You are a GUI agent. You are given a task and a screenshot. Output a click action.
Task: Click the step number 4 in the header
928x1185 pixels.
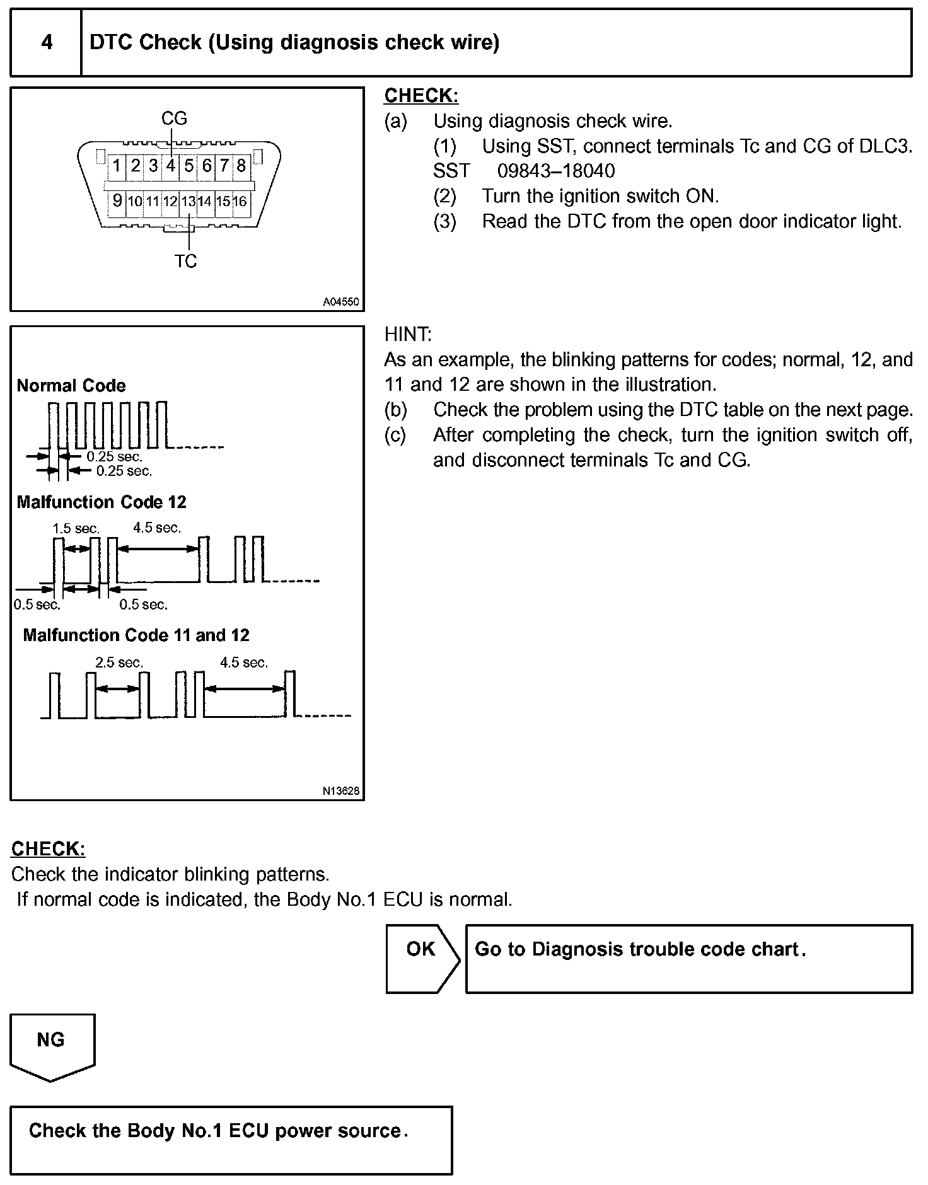pyautogui.click(x=47, y=43)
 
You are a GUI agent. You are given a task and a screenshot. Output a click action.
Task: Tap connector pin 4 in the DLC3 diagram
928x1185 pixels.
pyautogui.click(x=171, y=166)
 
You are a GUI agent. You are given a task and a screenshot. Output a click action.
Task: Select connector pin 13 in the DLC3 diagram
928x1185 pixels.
pyautogui.click(x=188, y=202)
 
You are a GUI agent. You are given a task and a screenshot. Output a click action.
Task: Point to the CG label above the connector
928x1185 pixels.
pyautogui.click(x=174, y=118)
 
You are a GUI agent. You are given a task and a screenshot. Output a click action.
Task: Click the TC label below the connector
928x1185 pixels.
pyautogui.click(x=186, y=261)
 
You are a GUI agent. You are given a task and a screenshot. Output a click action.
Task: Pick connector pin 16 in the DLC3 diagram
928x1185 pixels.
pyautogui.click(x=240, y=202)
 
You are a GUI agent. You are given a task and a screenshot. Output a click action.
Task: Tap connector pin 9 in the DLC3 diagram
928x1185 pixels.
pyautogui.click(x=117, y=201)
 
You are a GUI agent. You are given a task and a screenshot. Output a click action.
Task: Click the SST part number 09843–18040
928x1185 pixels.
pyautogui.click(x=556, y=171)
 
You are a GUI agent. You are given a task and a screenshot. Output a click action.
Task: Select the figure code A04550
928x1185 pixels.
pyautogui.click(x=340, y=302)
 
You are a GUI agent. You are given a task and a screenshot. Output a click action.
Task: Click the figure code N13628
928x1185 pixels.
pyautogui.click(x=340, y=791)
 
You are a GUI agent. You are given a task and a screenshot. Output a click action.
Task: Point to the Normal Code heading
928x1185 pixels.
pyautogui.click(x=71, y=386)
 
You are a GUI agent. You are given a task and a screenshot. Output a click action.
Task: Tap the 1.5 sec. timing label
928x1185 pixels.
pyautogui.click(x=76, y=528)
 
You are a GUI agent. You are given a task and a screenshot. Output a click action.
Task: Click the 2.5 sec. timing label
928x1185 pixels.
pyautogui.click(x=119, y=662)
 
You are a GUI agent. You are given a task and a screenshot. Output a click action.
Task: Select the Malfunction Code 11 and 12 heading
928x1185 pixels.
pyautogui.click(x=136, y=635)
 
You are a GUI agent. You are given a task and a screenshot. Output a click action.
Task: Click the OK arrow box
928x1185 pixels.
pyautogui.click(x=422, y=959)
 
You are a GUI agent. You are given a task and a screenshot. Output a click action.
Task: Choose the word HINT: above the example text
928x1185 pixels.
pyautogui.click(x=408, y=334)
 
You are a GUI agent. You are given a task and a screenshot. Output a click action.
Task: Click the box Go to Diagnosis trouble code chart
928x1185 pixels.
pyautogui.click(x=688, y=959)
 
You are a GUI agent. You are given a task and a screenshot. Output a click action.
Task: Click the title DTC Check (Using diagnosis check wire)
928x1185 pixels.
pyautogui.click(x=294, y=43)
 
